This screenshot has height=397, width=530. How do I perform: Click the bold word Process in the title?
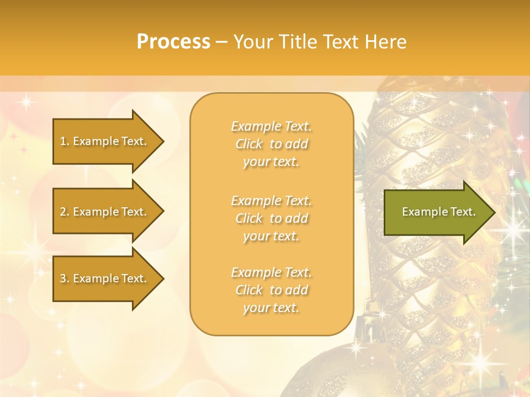[x=173, y=42]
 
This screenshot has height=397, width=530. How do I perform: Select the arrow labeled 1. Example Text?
[x=105, y=141]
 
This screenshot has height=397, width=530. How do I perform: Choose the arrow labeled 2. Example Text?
[x=105, y=212]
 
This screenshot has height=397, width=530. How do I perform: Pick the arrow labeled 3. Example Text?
[x=105, y=278]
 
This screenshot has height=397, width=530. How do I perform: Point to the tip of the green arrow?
[x=493, y=212]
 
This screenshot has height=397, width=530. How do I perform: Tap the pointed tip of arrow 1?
[x=162, y=141]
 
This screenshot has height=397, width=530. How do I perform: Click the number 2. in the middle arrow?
[x=65, y=212]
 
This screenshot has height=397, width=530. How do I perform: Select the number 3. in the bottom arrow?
[x=65, y=278]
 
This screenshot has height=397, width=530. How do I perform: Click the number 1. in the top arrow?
[x=64, y=141]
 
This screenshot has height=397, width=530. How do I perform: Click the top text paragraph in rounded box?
[x=271, y=144]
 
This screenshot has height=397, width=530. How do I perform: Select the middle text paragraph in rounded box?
[x=271, y=218]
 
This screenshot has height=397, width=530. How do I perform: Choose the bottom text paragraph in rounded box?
[x=271, y=290]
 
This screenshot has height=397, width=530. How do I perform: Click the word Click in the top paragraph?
[x=249, y=144]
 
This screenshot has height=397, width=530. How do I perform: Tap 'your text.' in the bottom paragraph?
[x=271, y=308]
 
